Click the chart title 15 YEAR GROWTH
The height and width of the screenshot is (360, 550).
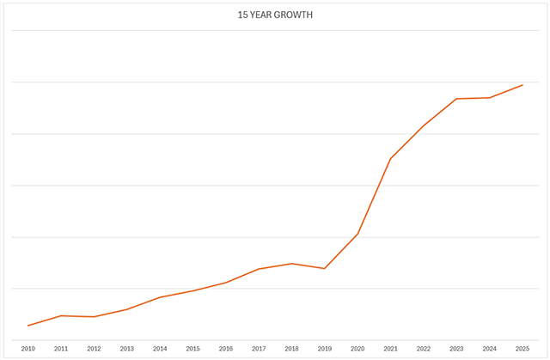pyautogui.click(x=274, y=15)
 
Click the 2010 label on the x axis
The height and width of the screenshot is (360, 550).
pyautogui.click(x=28, y=349)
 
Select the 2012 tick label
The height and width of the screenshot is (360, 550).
pyautogui.click(x=95, y=349)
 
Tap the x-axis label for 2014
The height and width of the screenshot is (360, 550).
pyautogui.click(x=160, y=349)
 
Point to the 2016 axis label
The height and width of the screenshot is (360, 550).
pyautogui.click(x=226, y=349)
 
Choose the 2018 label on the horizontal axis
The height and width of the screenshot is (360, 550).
pyautogui.click(x=292, y=349)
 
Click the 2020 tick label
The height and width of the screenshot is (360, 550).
pyautogui.click(x=357, y=349)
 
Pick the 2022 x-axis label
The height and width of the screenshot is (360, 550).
pyautogui.click(x=424, y=349)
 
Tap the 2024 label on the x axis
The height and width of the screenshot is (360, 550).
pyautogui.click(x=490, y=349)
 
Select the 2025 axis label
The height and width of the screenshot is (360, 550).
pyautogui.click(x=522, y=349)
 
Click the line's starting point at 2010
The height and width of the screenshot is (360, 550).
pyautogui.click(x=28, y=326)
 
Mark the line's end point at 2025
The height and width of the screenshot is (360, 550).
pyautogui.click(x=522, y=85)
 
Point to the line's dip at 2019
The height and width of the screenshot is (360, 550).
pyautogui.click(x=325, y=269)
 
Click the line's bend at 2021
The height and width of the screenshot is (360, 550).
pyautogui.click(x=390, y=159)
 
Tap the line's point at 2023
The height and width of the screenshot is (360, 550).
pyautogui.click(x=456, y=99)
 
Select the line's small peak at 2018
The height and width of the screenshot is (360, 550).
pyautogui.click(x=292, y=264)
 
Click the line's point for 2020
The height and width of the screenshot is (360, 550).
pyautogui.click(x=357, y=234)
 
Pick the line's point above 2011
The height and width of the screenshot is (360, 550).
pyautogui.click(x=61, y=316)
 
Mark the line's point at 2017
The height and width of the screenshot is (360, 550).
pyautogui.click(x=259, y=269)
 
